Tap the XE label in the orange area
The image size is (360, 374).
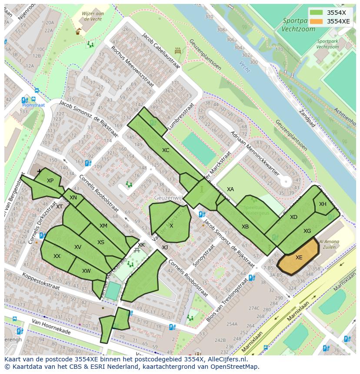point(299,258)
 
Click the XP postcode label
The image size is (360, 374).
point(50,181)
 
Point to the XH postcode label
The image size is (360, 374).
point(323,204)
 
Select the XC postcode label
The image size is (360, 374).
point(166,150)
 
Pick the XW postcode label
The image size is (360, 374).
point(86,271)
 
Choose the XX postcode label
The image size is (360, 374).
point(57,256)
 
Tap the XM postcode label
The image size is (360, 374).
point(103,226)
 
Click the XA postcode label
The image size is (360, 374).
point(230,189)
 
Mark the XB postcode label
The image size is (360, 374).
point(245,227)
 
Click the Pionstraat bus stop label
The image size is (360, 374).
point(34,105)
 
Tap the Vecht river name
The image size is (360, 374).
point(245,66)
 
